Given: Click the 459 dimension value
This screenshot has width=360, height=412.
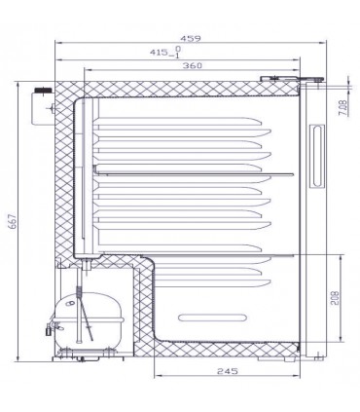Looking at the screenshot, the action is coord(191,38).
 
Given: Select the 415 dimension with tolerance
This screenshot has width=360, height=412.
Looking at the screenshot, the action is coord(165,52).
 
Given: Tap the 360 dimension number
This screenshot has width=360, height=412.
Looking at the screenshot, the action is coord(193,65).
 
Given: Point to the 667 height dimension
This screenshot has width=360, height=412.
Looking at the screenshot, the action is coord(13,221).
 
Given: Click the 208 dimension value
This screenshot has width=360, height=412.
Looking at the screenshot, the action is coord(335,298).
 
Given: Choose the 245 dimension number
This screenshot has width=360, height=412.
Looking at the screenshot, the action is coord(228,371).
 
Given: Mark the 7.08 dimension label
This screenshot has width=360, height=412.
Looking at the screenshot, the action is coord(343,108).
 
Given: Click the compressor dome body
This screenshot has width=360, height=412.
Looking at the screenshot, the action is coord(89,319).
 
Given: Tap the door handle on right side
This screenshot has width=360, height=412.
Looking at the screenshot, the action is coord(317,156).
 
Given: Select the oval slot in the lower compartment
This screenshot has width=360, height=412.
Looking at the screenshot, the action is coord(211,318).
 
